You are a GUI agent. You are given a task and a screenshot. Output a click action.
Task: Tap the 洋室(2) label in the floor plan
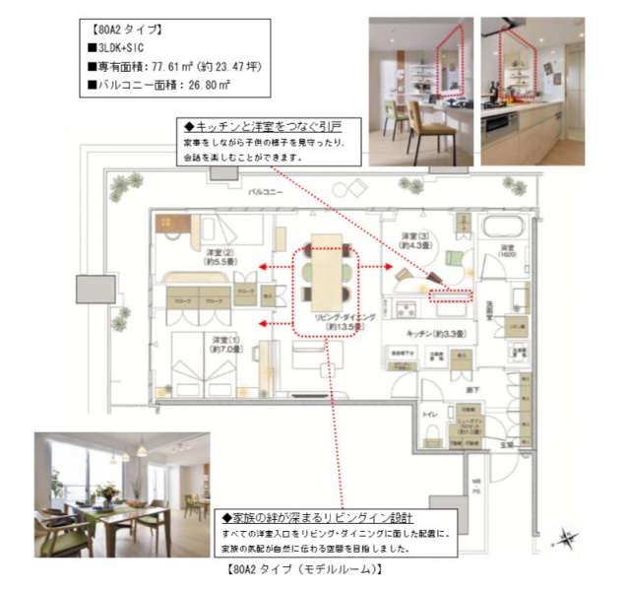[219, 258]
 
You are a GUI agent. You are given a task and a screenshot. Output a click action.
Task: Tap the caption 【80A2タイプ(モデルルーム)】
[305, 570]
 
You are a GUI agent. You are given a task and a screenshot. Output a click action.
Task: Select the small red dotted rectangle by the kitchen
[452, 294]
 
